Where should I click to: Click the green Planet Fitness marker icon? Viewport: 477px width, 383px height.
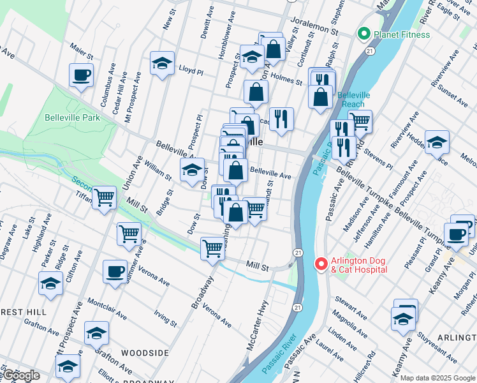click(364, 34)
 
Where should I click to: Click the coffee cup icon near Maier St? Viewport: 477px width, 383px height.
click(82, 75)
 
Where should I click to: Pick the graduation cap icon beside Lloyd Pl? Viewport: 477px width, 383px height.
click(163, 63)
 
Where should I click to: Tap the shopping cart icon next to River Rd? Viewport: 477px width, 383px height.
click(360, 120)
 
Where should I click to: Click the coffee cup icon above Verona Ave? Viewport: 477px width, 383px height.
click(115, 271)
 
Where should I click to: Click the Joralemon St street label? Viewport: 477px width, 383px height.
click(314, 30)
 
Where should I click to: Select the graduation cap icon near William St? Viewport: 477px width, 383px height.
click(192, 170)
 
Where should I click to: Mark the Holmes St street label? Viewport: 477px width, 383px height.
click(286, 80)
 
